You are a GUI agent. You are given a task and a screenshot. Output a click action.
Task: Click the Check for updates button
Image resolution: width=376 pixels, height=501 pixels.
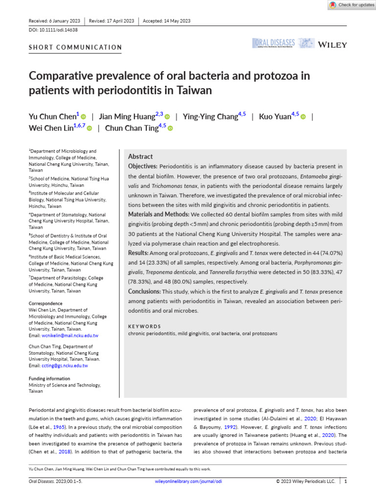click(352, 5)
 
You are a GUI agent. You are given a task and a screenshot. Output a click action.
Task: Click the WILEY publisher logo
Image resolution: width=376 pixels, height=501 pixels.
click(332, 45)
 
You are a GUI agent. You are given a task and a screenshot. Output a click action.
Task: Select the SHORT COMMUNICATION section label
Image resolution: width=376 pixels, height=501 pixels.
click(75, 47)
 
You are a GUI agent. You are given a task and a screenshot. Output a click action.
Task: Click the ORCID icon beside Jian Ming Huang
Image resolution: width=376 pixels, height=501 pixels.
click(167, 116)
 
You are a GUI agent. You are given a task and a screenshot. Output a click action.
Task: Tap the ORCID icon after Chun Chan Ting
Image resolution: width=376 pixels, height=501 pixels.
click(170, 128)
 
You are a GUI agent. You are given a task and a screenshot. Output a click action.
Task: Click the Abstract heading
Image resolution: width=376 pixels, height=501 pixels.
click(140, 157)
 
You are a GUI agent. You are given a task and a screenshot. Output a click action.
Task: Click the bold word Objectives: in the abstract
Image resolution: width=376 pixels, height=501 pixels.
click(142, 167)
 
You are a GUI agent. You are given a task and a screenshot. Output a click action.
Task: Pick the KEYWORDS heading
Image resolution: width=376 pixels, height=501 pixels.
click(144, 326)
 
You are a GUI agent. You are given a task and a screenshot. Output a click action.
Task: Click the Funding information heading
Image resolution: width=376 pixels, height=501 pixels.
click(49, 379)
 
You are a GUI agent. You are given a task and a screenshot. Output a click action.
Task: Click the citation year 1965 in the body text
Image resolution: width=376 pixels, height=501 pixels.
click(60, 427)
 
